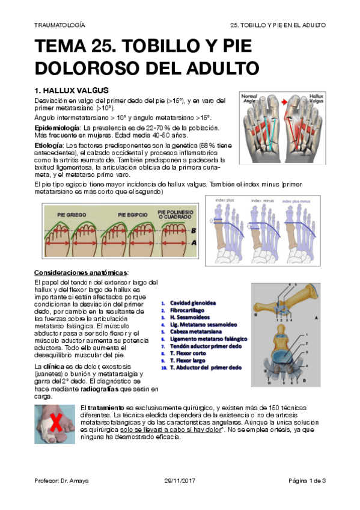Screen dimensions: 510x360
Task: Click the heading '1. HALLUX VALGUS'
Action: [x=72, y=90]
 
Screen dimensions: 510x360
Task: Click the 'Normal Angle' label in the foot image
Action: [x=250, y=97]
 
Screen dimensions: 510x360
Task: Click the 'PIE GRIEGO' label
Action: [x=71, y=214]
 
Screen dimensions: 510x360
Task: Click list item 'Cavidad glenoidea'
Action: [x=193, y=303]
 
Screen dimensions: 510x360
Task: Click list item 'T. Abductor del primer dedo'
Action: [x=206, y=367]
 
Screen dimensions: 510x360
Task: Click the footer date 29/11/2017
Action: [x=180, y=481]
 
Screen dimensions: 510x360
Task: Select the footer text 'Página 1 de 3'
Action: [x=307, y=481]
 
